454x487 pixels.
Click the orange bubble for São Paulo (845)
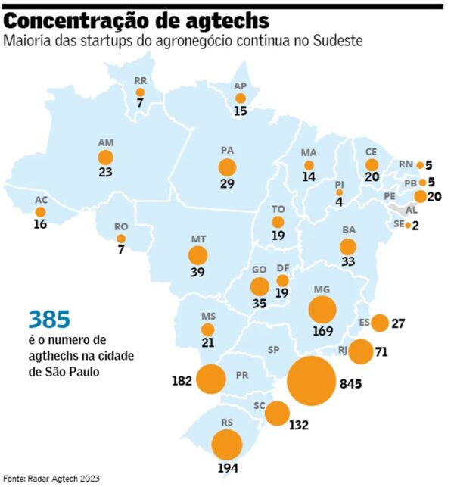pyautogui.click(x=311, y=381)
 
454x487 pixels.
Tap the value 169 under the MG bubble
pyautogui.click(x=323, y=331)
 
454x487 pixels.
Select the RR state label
pyautogui.click(x=140, y=81)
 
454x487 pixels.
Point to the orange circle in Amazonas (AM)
pyautogui.click(x=105, y=158)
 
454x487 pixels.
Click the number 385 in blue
pyautogui.click(x=49, y=320)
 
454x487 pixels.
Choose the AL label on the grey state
pyautogui.click(x=412, y=210)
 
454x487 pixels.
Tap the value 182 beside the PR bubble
pyautogui.click(x=182, y=380)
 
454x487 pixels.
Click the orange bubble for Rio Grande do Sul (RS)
pyautogui.click(x=227, y=445)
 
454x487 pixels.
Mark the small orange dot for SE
pyautogui.click(x=408, y=225)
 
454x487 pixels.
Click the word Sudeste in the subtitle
pyautogui.click(x=338, y=41)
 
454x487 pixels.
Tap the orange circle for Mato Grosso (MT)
pyautogui.click(x=198, y=255)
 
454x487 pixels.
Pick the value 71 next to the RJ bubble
pyautogui.click(x=381, y=352)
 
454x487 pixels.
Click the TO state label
pyautogui.click(x=278, y=209)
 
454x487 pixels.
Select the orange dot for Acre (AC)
pyautogui.click(x=40, y=212)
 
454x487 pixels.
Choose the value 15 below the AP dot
pyautogui.click(x=240, y=111)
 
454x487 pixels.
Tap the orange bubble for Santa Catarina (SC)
pyautogui.click(x=277, y=414)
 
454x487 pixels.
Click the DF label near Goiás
pyautogui.click(x=283, y=268)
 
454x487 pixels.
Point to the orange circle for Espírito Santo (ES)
pyautogui.click(x=380, y=323)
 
